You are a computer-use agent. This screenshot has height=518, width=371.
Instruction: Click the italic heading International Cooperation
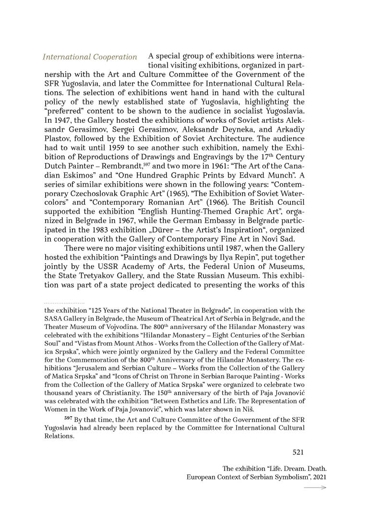point(90,57)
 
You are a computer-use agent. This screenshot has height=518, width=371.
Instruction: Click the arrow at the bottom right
point(315,488)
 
